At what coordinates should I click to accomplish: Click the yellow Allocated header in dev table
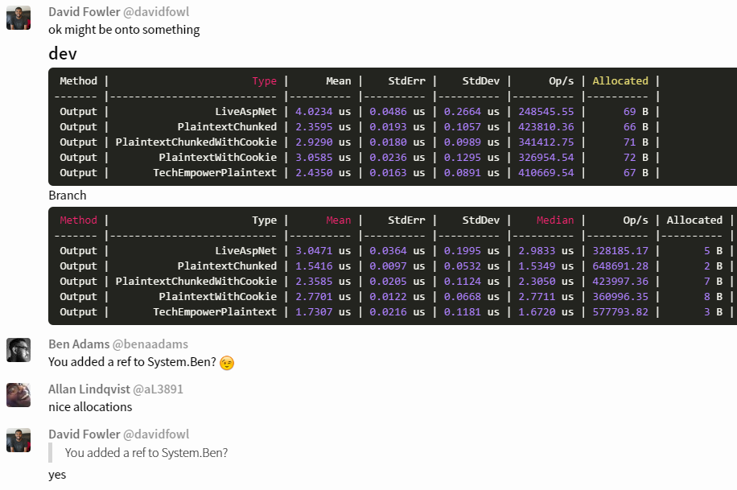tap(620, 81)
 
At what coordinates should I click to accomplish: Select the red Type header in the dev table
tap(264, 81)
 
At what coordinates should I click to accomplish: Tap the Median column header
tap(555, 220)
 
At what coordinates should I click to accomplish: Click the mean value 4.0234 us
tap(323, 112)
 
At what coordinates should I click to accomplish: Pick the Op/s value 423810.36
tap(546, 127)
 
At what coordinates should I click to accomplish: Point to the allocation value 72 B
tap(636, 158)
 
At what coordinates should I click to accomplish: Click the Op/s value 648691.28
tap(620, 266)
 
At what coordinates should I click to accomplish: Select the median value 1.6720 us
tap(546, 311)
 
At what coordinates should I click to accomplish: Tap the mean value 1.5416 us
tap(323, 266)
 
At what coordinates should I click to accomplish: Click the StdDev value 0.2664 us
tap(471, 112)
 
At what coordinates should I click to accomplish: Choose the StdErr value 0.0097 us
tap(397, 266)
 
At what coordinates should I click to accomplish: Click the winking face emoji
tap(227, 363)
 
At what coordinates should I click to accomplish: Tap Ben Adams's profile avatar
tap(19, 350)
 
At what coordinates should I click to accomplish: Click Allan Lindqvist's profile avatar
tap(19, 395)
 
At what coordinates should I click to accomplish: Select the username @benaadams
tap(150, 344)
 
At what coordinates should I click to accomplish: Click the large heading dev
tap(63, 54)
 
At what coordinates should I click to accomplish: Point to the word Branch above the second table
tap(68, 196)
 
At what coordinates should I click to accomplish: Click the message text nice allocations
tap(90, 407)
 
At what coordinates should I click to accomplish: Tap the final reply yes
tap(57, 475)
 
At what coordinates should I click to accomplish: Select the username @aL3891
tap(158, 389)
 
